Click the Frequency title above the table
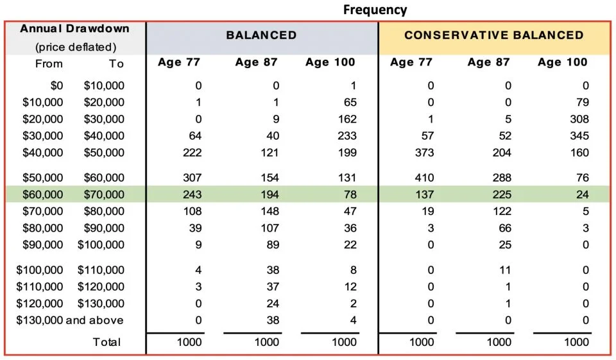click(x=375, y=10)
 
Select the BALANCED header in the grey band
click(x=261, y=35)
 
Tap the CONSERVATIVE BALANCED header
click(x=493, y=35)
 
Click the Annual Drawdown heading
click(x=74, y=29)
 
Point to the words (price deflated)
click(x=76, y=47)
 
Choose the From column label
click(x=49, y=64)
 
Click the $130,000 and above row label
click(x=69, y=320)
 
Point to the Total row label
click(x=107, y=342)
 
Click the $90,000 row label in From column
click(x=42, y=244)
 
